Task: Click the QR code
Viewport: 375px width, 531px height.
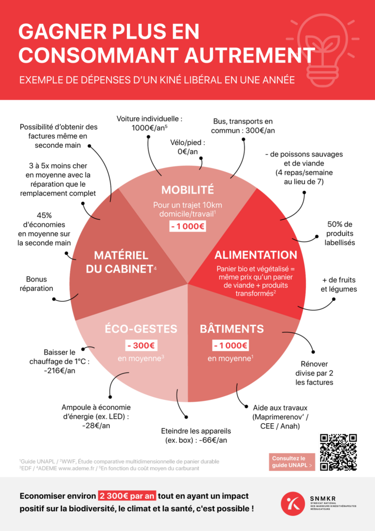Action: click(338, 452)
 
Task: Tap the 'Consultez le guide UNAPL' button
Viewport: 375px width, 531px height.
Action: click(292, 462)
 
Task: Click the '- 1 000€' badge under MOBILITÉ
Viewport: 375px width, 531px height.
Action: click(187, 226)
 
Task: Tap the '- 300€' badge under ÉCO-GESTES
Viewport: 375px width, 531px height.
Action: click(141, 345)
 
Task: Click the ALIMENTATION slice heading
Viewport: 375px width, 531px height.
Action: click(256, 255)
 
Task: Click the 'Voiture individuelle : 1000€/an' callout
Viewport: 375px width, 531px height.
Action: click(150, 123)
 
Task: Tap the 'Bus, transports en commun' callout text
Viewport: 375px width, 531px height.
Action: click(243, 126)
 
